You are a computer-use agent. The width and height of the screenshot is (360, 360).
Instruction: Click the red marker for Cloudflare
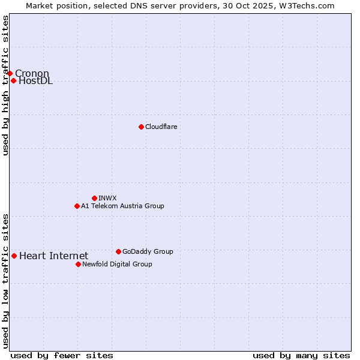point(141,127)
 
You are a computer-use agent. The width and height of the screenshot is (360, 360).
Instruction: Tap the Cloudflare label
point(161,127)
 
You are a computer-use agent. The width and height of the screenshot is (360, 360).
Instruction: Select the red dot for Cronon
point(10,73)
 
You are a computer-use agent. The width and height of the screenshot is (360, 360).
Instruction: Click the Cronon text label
point(32,74)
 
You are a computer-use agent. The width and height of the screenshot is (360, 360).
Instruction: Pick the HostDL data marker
point(13,80)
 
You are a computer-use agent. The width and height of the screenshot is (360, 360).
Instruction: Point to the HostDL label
point(36,81)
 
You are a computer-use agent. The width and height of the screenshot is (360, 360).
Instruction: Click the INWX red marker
point(94,198)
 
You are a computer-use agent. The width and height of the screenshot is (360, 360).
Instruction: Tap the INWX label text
point(108,198)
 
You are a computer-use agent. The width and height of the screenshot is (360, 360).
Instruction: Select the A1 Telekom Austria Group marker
point(77,206)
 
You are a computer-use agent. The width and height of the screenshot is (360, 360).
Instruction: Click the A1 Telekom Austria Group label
point(122,206)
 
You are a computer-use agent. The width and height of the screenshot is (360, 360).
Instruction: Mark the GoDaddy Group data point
point(118,251)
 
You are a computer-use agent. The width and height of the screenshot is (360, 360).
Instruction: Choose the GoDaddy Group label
point(148,251)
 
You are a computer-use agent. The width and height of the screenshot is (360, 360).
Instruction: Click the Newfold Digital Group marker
point(78,264)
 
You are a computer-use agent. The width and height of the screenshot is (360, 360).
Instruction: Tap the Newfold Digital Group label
point(117,264)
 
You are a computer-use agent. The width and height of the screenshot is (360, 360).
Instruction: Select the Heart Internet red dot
point(14,256)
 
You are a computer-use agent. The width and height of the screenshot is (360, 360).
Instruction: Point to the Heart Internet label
point(53,256)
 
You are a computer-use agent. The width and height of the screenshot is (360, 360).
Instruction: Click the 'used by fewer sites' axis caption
point(62,355)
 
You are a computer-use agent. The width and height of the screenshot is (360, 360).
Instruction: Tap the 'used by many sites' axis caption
point(301,355)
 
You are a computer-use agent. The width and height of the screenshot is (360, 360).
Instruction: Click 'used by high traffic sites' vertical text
point(5,85)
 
